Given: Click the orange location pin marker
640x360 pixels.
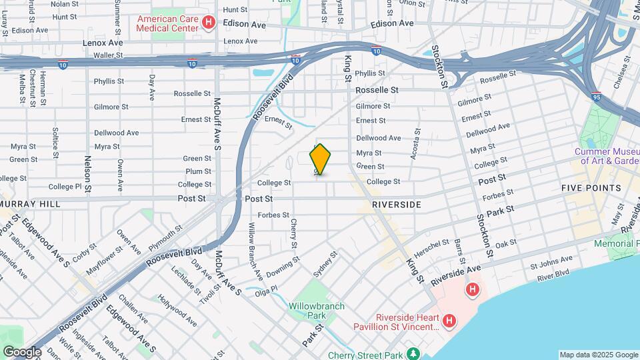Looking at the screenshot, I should tap(320, 159).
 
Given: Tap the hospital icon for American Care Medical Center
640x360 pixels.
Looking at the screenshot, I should tap(208, 24).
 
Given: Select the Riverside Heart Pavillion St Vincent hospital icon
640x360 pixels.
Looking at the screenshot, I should tap(449, 321).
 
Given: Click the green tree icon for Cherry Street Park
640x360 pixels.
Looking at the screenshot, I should tap(413, 353).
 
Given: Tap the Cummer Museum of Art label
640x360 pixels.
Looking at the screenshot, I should tap(607, 156).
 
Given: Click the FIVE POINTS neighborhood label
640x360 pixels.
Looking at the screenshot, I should tap(591, 189).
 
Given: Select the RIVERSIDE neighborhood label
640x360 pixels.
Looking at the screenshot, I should tap(397, 205).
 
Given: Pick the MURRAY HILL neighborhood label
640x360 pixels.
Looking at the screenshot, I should tap(30, 203).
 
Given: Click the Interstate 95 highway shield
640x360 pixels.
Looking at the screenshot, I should tap(597, 96).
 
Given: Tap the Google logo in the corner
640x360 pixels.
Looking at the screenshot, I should tap(21, 351).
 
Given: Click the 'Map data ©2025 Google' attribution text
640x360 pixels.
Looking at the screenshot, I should tap(598, 355).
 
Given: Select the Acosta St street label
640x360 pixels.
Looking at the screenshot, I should tap(417, 143).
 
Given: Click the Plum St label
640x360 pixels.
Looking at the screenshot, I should tap(199, 172).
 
